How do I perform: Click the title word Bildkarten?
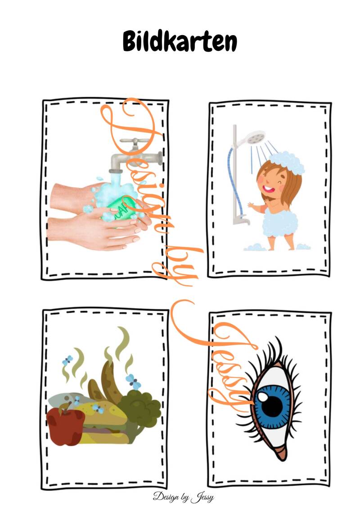click(180, 41)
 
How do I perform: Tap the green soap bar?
click(122, 207)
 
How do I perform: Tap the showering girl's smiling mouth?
click(269, 188)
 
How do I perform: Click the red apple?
click(65, 426)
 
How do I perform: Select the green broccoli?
click(139, 409)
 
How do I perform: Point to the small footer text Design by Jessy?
click(183, 497)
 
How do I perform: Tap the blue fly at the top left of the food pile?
click(67, 360)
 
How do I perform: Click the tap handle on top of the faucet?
click(135, 141)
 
